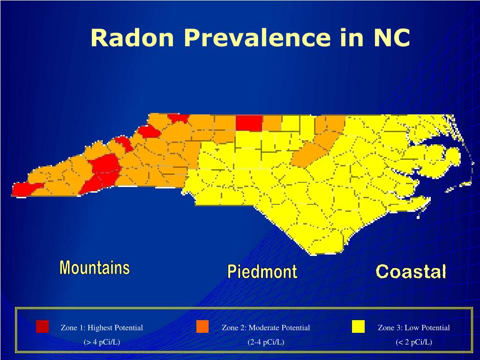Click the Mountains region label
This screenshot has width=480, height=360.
tap(94, 268)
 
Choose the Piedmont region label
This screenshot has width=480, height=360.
tap(262, 271)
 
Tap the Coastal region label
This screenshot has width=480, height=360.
tap(411, 271)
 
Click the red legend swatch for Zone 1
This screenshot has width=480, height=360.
tap(42, 326)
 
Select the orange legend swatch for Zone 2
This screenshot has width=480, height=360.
tap(202, 326)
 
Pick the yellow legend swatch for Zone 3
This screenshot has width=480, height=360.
tap(358, 326)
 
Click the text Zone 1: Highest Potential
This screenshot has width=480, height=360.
tap(102, 328)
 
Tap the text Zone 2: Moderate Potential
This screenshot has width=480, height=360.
tap(266, 328)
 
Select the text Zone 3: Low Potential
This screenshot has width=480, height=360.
tap(413, 328)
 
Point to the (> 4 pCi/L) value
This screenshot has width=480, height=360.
tap(102, 342)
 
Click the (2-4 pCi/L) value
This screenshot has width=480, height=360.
tap(266, 342)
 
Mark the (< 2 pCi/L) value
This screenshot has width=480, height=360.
tap(413, 342)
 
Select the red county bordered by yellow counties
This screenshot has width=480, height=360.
tap(249, 123)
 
